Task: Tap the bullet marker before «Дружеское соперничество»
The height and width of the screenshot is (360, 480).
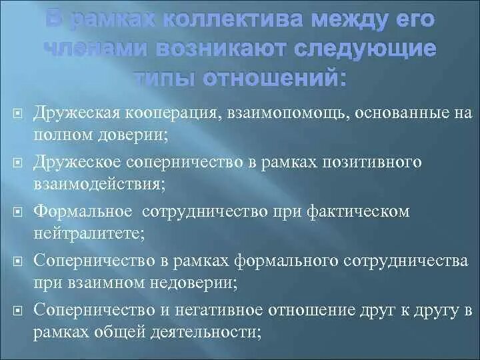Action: tap(18, 163)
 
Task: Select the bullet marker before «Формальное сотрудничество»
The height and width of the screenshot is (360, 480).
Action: tap(18, 212)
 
